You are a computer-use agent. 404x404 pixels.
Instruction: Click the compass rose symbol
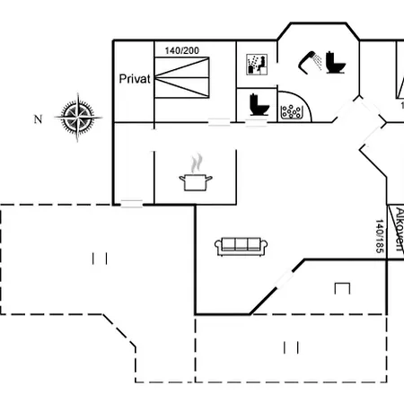[x=78, y=118]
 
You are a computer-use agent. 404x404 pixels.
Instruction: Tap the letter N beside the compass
[x=38, y=119]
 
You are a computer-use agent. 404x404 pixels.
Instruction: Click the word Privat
[x=135, y=79]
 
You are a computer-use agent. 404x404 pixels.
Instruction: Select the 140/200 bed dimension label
[x=182, y=50]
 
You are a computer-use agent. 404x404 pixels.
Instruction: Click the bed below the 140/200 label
[x=182, y=77]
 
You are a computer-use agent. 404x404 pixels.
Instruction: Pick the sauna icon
[x=257, y=65]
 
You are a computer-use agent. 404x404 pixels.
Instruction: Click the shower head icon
[x=310, y=62]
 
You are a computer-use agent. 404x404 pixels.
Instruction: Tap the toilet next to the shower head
[x=336, y=63]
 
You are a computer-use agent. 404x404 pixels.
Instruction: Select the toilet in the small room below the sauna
[x=259, y=104]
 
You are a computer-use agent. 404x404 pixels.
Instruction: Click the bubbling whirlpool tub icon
[x=292, y=112]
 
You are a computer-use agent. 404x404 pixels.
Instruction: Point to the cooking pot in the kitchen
[x=196, y=182]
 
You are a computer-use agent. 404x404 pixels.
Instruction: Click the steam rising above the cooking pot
[x=197, y=163]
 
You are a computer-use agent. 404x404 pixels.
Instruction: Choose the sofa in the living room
[x=242, y=247]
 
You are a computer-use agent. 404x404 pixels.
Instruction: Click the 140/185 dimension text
[x=380, y=236]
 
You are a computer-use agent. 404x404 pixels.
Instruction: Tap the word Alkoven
[x=400, y=229]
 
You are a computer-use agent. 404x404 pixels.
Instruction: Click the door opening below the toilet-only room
[x=256, y=122]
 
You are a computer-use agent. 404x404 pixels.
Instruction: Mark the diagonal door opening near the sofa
[x=285, y=279]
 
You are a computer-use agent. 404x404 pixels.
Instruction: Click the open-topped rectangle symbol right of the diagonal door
[x=342, y=288]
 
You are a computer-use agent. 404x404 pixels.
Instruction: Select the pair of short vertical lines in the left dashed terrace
[x=100, y=259]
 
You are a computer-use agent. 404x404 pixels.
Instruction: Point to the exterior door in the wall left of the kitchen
[x=132, y=204]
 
